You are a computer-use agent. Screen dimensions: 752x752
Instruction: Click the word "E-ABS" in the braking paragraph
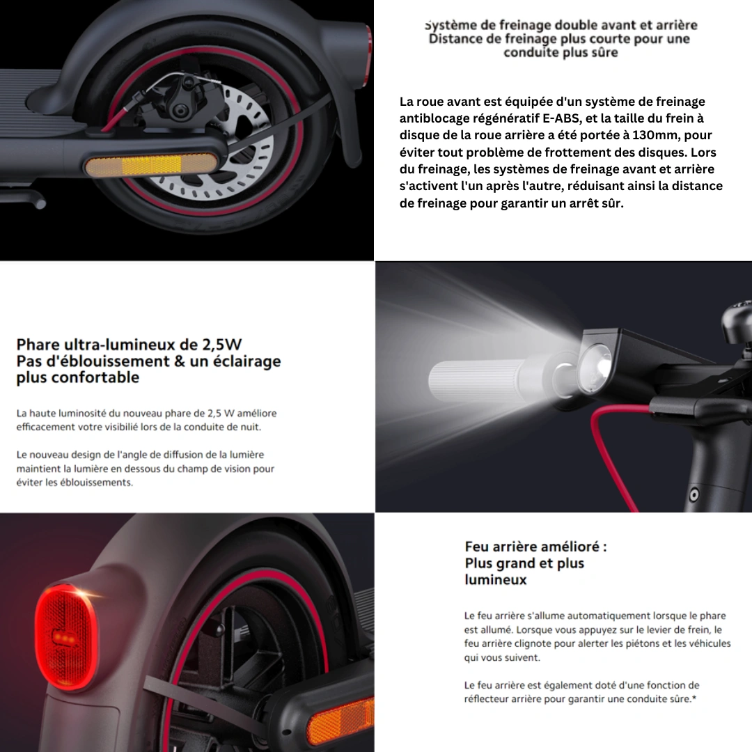coord(560,118)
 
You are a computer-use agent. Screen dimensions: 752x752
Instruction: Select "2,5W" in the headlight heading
coord(224,345)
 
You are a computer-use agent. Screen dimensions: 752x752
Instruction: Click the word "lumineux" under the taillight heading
coord(496,579)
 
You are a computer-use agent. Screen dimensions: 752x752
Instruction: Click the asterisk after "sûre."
coord(694,698)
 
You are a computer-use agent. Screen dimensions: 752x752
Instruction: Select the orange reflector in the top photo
coord(152,166)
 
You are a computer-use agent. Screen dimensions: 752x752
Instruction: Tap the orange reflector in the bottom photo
coord(340,724)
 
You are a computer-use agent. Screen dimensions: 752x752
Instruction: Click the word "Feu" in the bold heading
coord(477,547)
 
